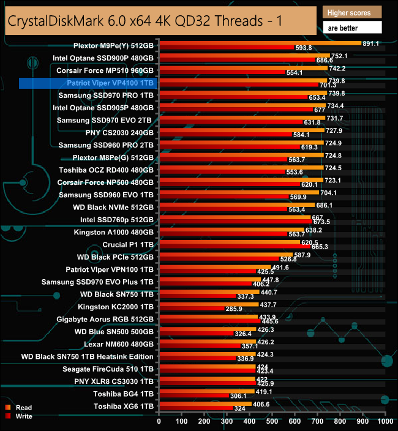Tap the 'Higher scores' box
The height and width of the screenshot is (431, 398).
(x=352, y=12)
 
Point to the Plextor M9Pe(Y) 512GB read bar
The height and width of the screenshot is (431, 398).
(x=260, y=43)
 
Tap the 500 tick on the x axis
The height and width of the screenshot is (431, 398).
(x=272, y=421)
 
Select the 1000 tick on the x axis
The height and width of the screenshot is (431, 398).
(x=385, y=421)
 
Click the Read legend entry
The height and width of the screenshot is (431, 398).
(x=22, y=407)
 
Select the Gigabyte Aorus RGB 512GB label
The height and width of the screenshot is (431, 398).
(x=109, y=320)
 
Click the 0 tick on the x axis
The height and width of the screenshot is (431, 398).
(x=159, y=421)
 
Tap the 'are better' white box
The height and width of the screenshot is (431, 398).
(x=352, y=27)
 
